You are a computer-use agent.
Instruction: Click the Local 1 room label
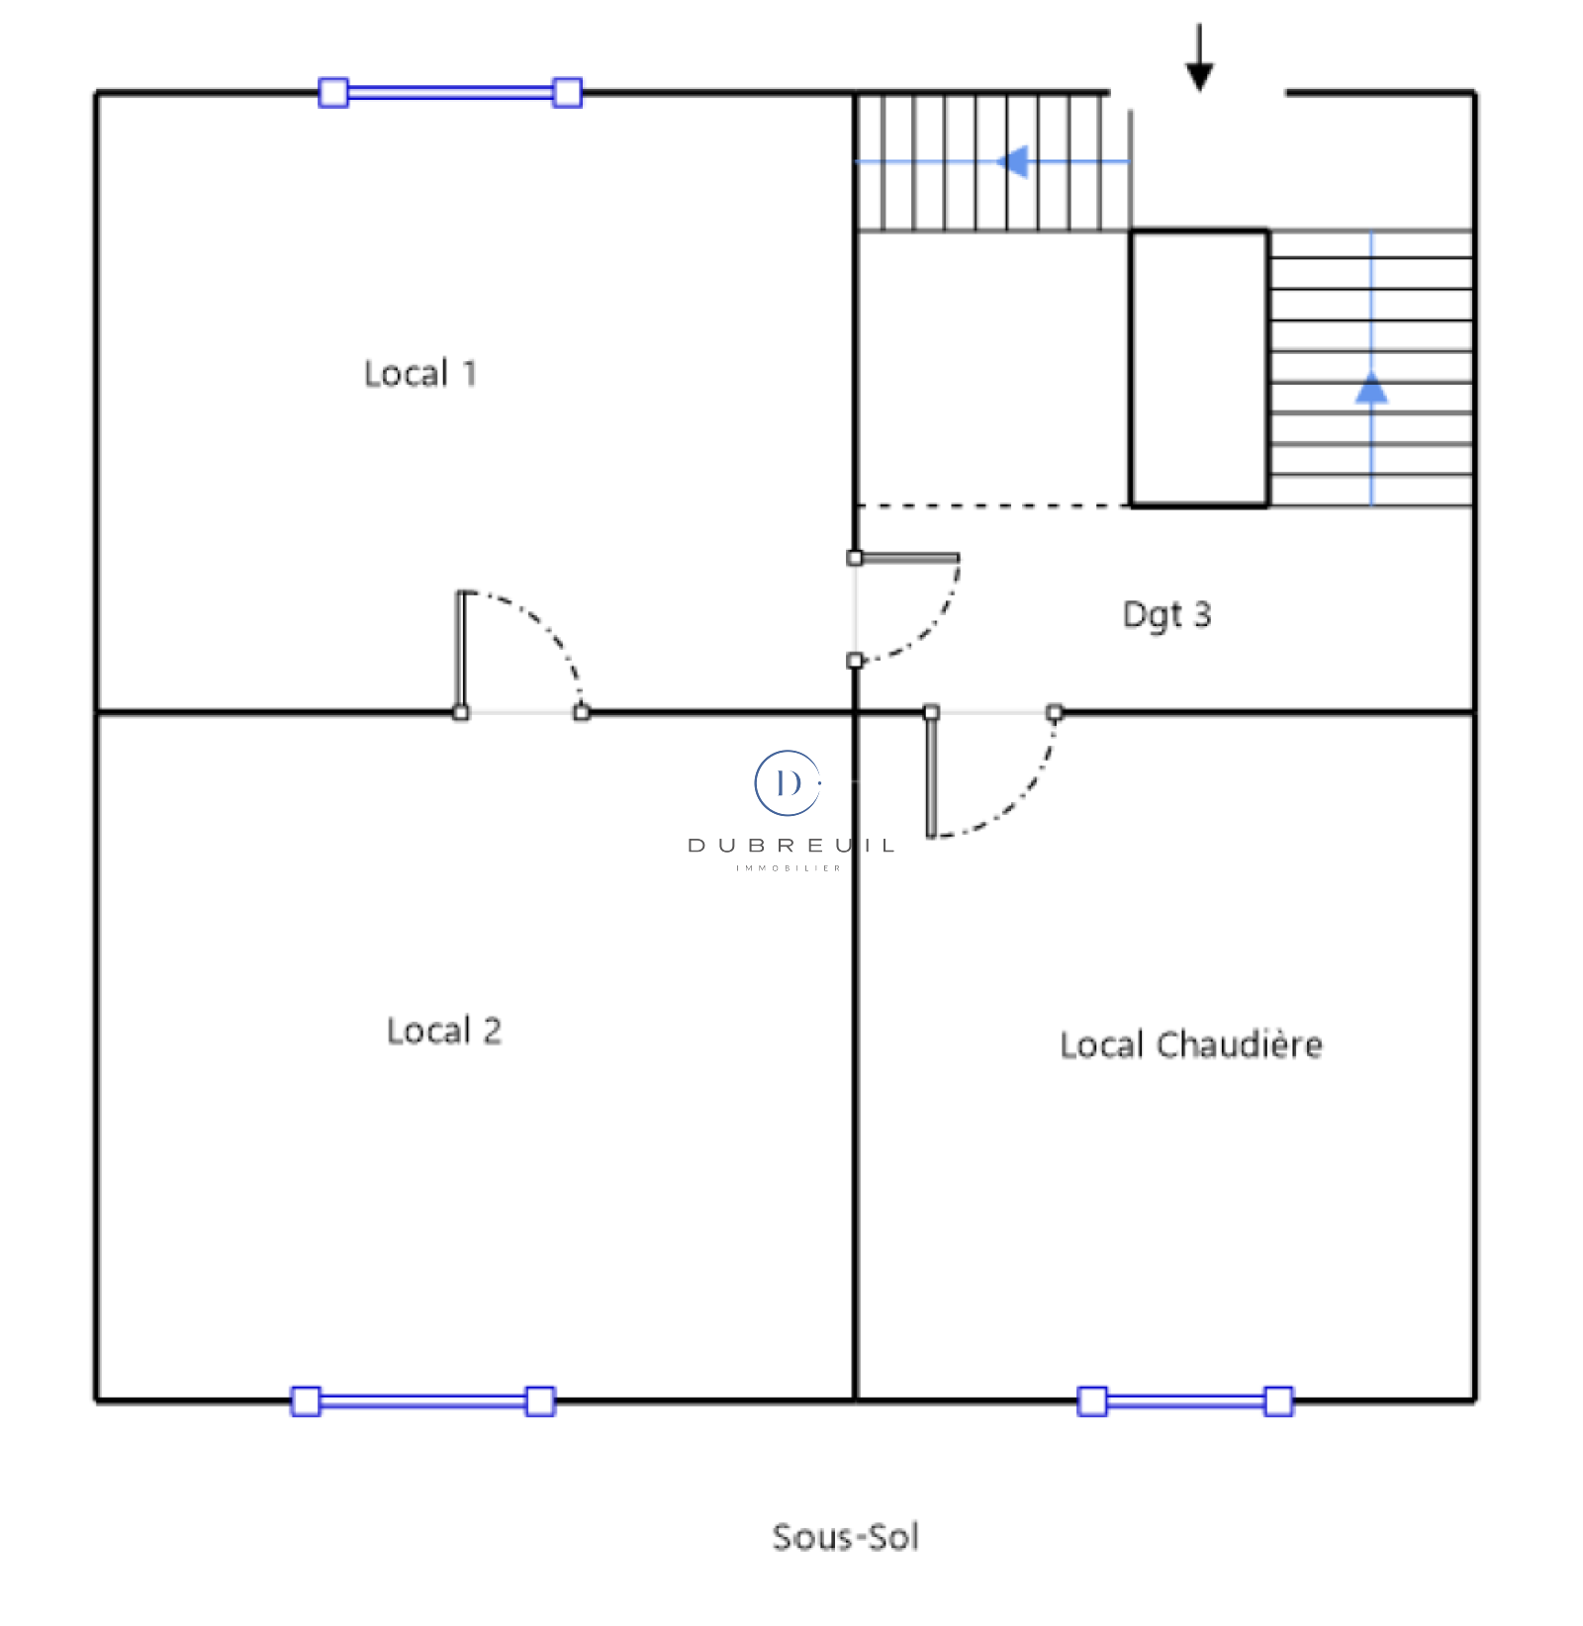point(420,374)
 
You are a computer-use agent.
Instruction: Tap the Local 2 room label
point(444,1031)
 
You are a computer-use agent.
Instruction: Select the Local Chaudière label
point(1191,1044)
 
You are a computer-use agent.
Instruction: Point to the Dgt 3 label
point(1166,615)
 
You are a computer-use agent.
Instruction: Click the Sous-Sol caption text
point(846,1537)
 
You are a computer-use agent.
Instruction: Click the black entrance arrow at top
point(1199,57)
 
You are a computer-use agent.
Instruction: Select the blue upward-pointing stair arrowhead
point(1371,388)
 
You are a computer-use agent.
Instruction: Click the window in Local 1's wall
point(450,93)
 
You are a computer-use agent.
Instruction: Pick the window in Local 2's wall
point(423,1401)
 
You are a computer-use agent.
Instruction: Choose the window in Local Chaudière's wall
point(1185,1401)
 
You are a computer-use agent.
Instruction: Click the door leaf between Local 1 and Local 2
point(461,653)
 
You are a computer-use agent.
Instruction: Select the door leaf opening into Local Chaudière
point(931,773)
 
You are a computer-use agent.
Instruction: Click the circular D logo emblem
point(788,783)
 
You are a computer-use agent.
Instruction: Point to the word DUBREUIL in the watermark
point(791,846)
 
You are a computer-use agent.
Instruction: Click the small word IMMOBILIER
point(789,868)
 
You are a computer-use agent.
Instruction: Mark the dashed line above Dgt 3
point(993,506)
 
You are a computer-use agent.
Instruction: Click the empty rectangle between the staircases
point(1199,369)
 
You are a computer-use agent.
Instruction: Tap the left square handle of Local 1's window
point(333,93)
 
